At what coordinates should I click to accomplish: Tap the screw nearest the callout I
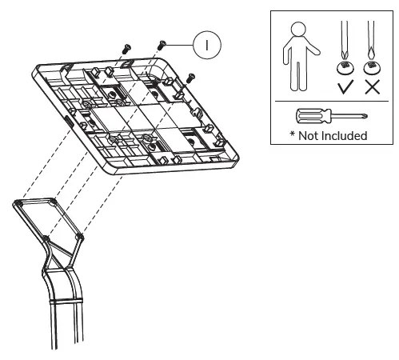pos(162,46)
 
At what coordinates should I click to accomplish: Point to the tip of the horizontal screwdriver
pos(363,117)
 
